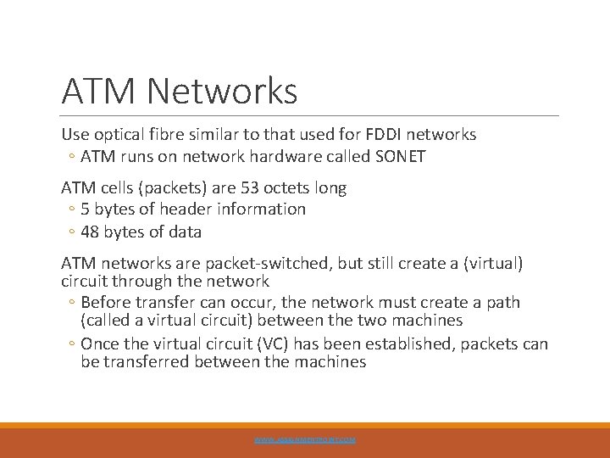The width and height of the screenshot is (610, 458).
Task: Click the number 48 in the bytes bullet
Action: click(x=91, y=231)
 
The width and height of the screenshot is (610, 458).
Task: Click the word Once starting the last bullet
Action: click(x=102, y=343)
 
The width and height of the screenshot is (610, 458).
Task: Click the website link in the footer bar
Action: click(x=305, y=440)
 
